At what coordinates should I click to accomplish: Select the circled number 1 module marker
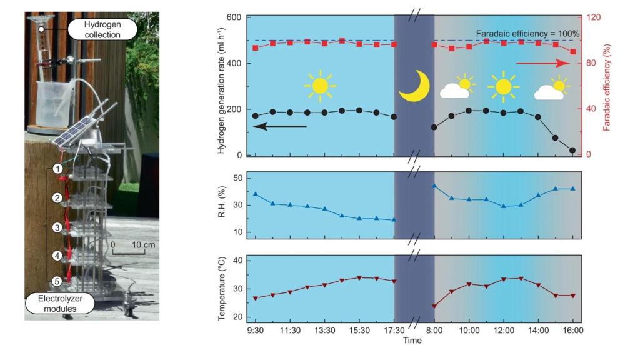57,168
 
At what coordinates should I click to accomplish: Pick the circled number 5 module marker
57,282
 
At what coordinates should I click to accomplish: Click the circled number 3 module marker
57,227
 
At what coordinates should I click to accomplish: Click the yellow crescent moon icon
414,85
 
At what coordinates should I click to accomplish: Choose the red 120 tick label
594,17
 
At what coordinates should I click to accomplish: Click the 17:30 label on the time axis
394,329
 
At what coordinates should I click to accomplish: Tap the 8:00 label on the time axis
434,329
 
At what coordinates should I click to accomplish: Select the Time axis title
413,341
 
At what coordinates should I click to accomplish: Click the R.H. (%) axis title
223,205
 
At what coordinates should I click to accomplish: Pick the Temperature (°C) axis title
223,288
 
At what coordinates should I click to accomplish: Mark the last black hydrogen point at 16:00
572,150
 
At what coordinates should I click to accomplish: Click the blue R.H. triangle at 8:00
434,186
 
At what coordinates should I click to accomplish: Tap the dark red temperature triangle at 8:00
434,306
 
